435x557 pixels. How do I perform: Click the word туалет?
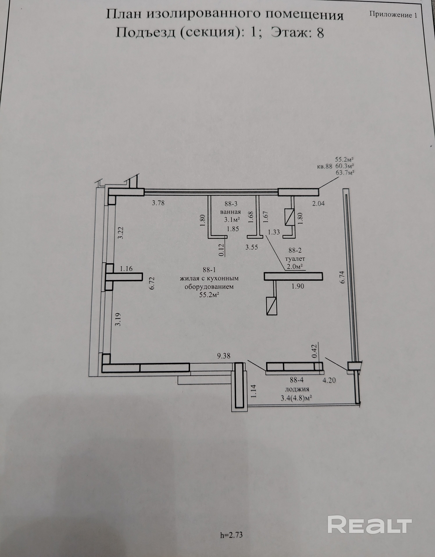pyautogui.click(x=295, y=259)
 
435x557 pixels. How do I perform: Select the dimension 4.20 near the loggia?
pyautogui.click(x=329, y=380)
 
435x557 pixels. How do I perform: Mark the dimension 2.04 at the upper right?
pyautogui.click(x=318, y=203)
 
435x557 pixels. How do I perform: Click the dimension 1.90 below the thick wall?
pyautogui.click(x=298, y=286)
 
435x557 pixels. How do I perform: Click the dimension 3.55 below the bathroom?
pyautogui.click(x=252, y=247)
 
